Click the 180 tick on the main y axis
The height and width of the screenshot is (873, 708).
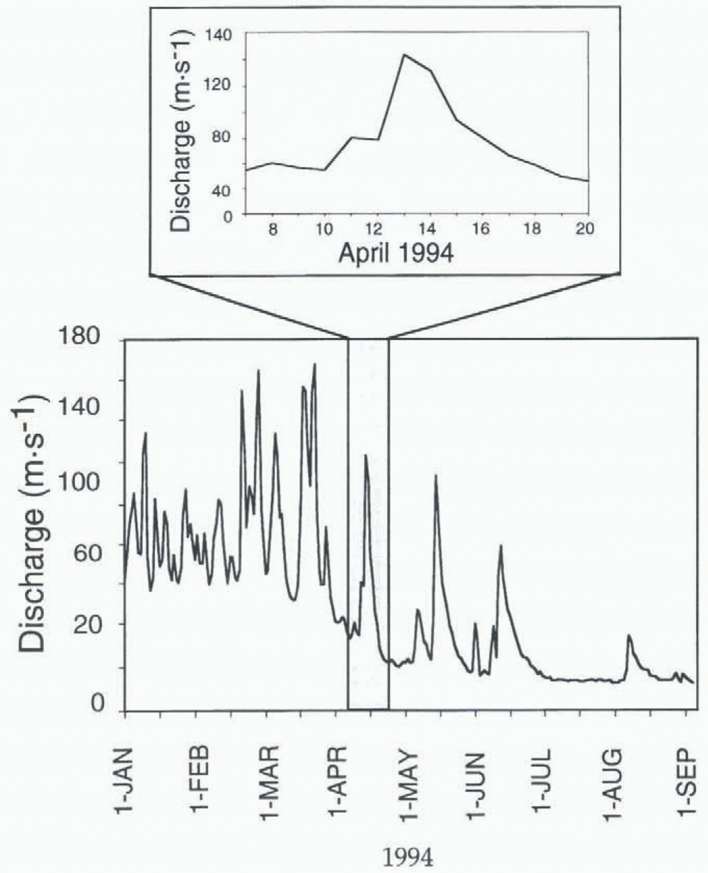pyautogui.click(x=86, y=337)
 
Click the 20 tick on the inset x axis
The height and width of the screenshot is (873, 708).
pyautogui.click(x=585, y=229)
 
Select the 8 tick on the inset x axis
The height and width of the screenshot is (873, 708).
pyautogui.click(x=273, y=229)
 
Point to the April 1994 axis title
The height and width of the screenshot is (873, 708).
pyautogui.click(x=396, y=252)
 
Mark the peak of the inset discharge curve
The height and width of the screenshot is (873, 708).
pyautogui.click(x=404, y=55)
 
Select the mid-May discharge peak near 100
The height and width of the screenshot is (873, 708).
pyautogui.click(x=436, y=476)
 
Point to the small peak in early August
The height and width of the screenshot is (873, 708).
pyautogui.click(x=629, y=636)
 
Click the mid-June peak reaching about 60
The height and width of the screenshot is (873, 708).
pyautogui.click(x=501, y=545)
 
